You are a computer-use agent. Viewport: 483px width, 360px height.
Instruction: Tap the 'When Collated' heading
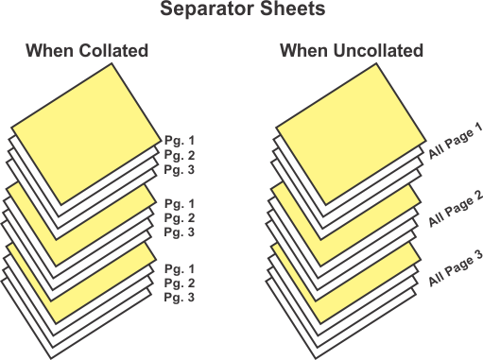[87, 51]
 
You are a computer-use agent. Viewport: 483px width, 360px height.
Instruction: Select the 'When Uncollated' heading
[351, 51]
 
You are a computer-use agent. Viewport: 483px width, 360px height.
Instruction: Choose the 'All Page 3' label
[456, 267]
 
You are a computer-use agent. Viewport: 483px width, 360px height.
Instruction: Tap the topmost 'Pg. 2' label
[180, 155]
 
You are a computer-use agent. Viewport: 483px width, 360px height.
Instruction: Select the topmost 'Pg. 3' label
[180, 169]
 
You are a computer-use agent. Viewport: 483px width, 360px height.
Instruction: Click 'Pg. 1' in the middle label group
[180, 203]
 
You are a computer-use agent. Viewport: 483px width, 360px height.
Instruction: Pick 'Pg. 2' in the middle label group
[180, 217]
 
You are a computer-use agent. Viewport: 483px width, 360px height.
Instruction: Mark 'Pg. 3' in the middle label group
[180, 231]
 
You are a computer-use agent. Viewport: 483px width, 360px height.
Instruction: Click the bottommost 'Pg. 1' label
[180, 268]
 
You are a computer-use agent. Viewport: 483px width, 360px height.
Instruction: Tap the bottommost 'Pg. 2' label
[180, 283]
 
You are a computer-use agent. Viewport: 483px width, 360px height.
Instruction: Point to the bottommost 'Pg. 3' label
[180, 297]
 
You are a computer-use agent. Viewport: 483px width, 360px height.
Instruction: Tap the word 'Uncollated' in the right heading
[377, 51]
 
